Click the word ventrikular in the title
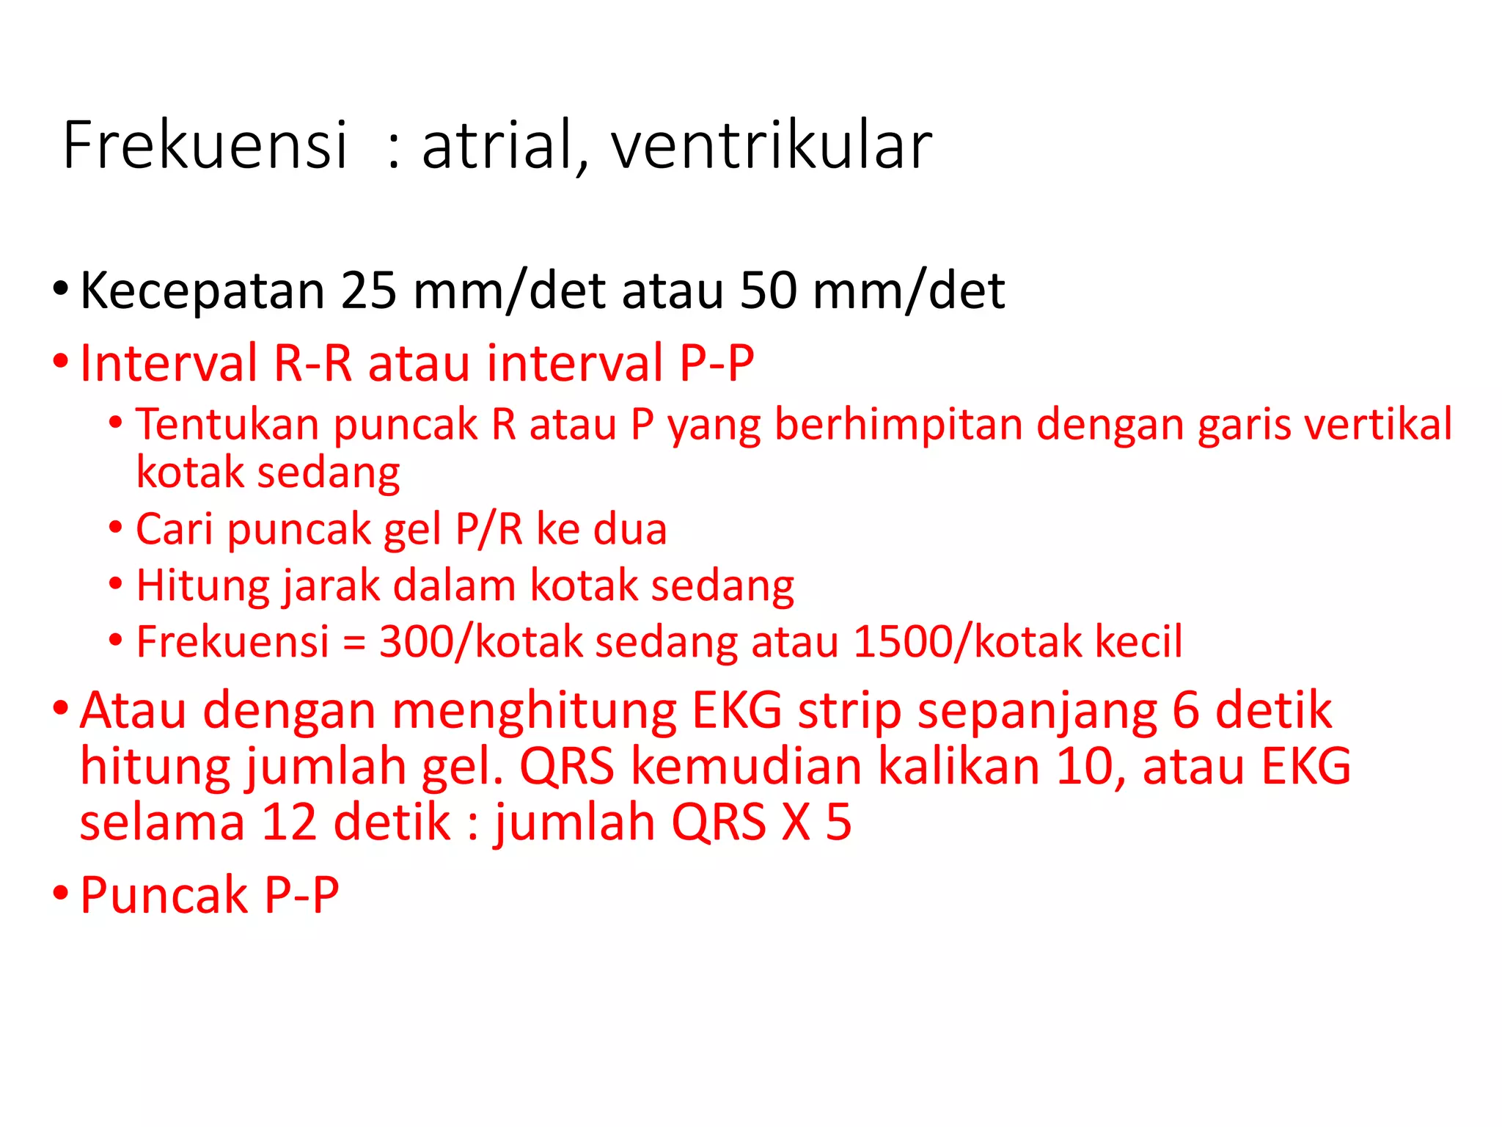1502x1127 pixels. (771, 146)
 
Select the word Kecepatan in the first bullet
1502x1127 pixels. (202, 292)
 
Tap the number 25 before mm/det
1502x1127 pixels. (369, 291)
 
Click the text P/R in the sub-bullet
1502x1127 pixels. (488, 529)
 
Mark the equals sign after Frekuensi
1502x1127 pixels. (353, 643)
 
